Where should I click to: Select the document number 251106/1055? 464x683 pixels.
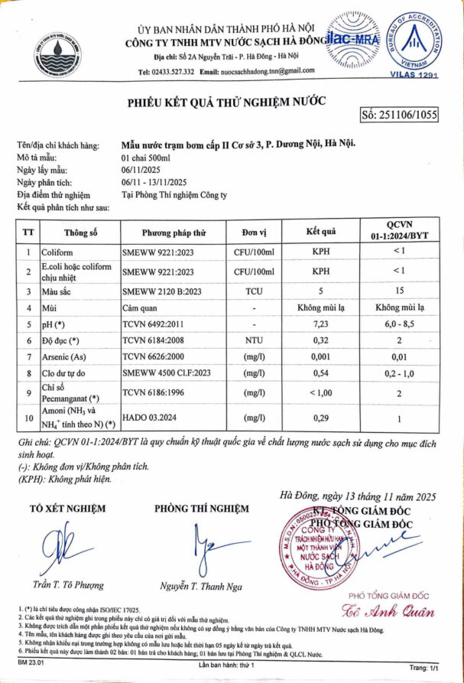[x=398, y=115]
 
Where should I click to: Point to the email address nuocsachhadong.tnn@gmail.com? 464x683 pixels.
[x=267, y=71]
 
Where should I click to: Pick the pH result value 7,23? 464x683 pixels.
[x=321, y=325]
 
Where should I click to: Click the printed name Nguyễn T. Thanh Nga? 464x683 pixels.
[x=201, y=587]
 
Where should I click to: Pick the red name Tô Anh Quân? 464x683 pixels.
[x=388, y=612]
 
